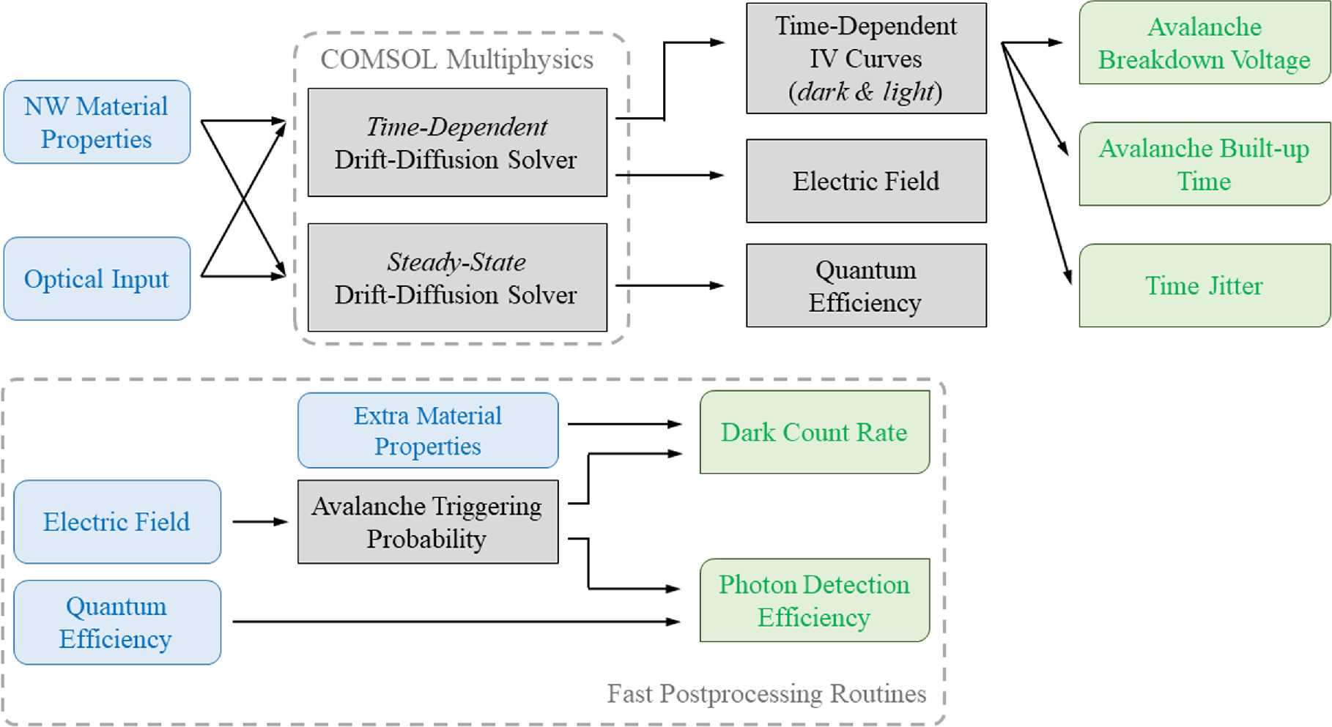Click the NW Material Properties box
97,122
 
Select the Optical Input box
97,278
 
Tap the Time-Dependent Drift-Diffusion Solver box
457,143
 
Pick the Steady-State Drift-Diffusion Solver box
457,277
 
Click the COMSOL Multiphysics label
456,59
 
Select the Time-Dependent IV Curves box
866,59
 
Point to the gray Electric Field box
866,181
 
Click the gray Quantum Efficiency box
866,286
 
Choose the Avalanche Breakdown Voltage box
1204,43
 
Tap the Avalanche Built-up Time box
1204,164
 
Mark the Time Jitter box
1204,286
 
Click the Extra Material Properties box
428,430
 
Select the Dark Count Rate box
814,432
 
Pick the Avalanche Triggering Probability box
428,522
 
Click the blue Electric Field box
116,522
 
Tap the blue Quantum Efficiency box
116,622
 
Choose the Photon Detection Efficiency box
814,600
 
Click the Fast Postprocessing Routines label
766,693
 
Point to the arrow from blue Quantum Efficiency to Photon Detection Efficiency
454,622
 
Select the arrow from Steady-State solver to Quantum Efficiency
668,286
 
